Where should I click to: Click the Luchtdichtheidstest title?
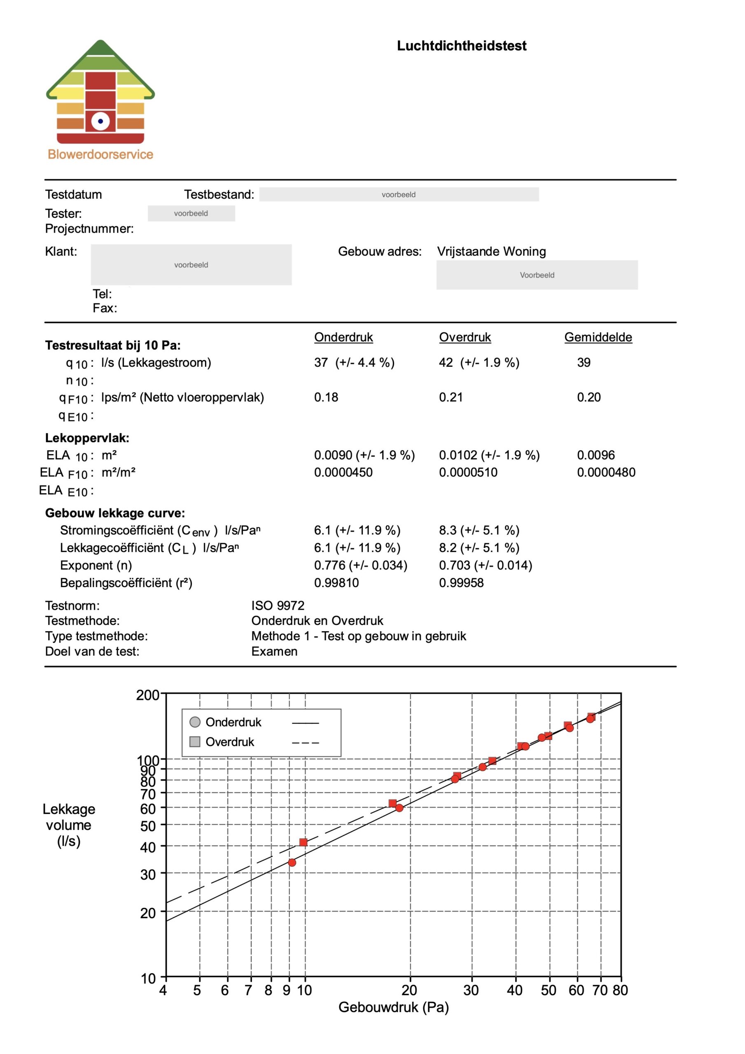pyautogui.click(x=461, y=46)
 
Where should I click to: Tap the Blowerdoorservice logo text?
pyautogui.click(x=100, y=155)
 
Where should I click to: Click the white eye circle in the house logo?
pyautogui.click(x=100, y=121)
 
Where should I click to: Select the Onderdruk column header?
pyautogui.click(x=343, y=338)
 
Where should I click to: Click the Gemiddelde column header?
pyautogui.click(x=598, y=338)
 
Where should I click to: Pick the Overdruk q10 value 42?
pyautogui.click(x=446, y=363)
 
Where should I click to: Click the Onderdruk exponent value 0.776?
pyautogui.click(x=329, y=566)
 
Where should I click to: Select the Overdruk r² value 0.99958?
pyautogui.click(x=461, y=583)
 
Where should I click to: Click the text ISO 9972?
pyautogui.click(x=278, y=606)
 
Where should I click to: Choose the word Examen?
pyautogui.click(x=274, y=652)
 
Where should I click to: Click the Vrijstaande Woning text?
pyautogui.click(x=491, y=252)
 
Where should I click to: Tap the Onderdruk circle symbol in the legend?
pyautogui.click(x=195, y=722)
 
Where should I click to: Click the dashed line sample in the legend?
pyautogui.click(x=305, y=742)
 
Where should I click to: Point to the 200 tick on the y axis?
pyautogui.click(x=147, y=695)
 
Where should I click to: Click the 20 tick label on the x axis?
pyautogui.click(x=409, y=991)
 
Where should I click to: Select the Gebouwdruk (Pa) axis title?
pyautogui.click(x=393, y=1007)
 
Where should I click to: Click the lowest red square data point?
pyautogui.click(x=303, y=842)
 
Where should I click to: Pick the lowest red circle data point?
pyautogui.click(x=292, y=863)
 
